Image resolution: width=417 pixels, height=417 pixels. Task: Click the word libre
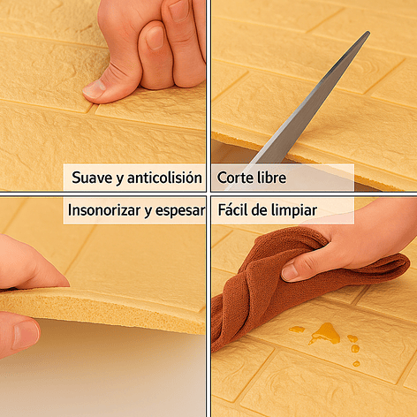point(271,178)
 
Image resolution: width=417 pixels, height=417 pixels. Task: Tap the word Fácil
point(234,211)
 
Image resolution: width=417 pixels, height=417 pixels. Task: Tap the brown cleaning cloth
point(256,283)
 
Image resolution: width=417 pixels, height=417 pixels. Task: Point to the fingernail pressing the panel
point(95,87)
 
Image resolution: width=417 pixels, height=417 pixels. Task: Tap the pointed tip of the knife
point(367,34)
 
